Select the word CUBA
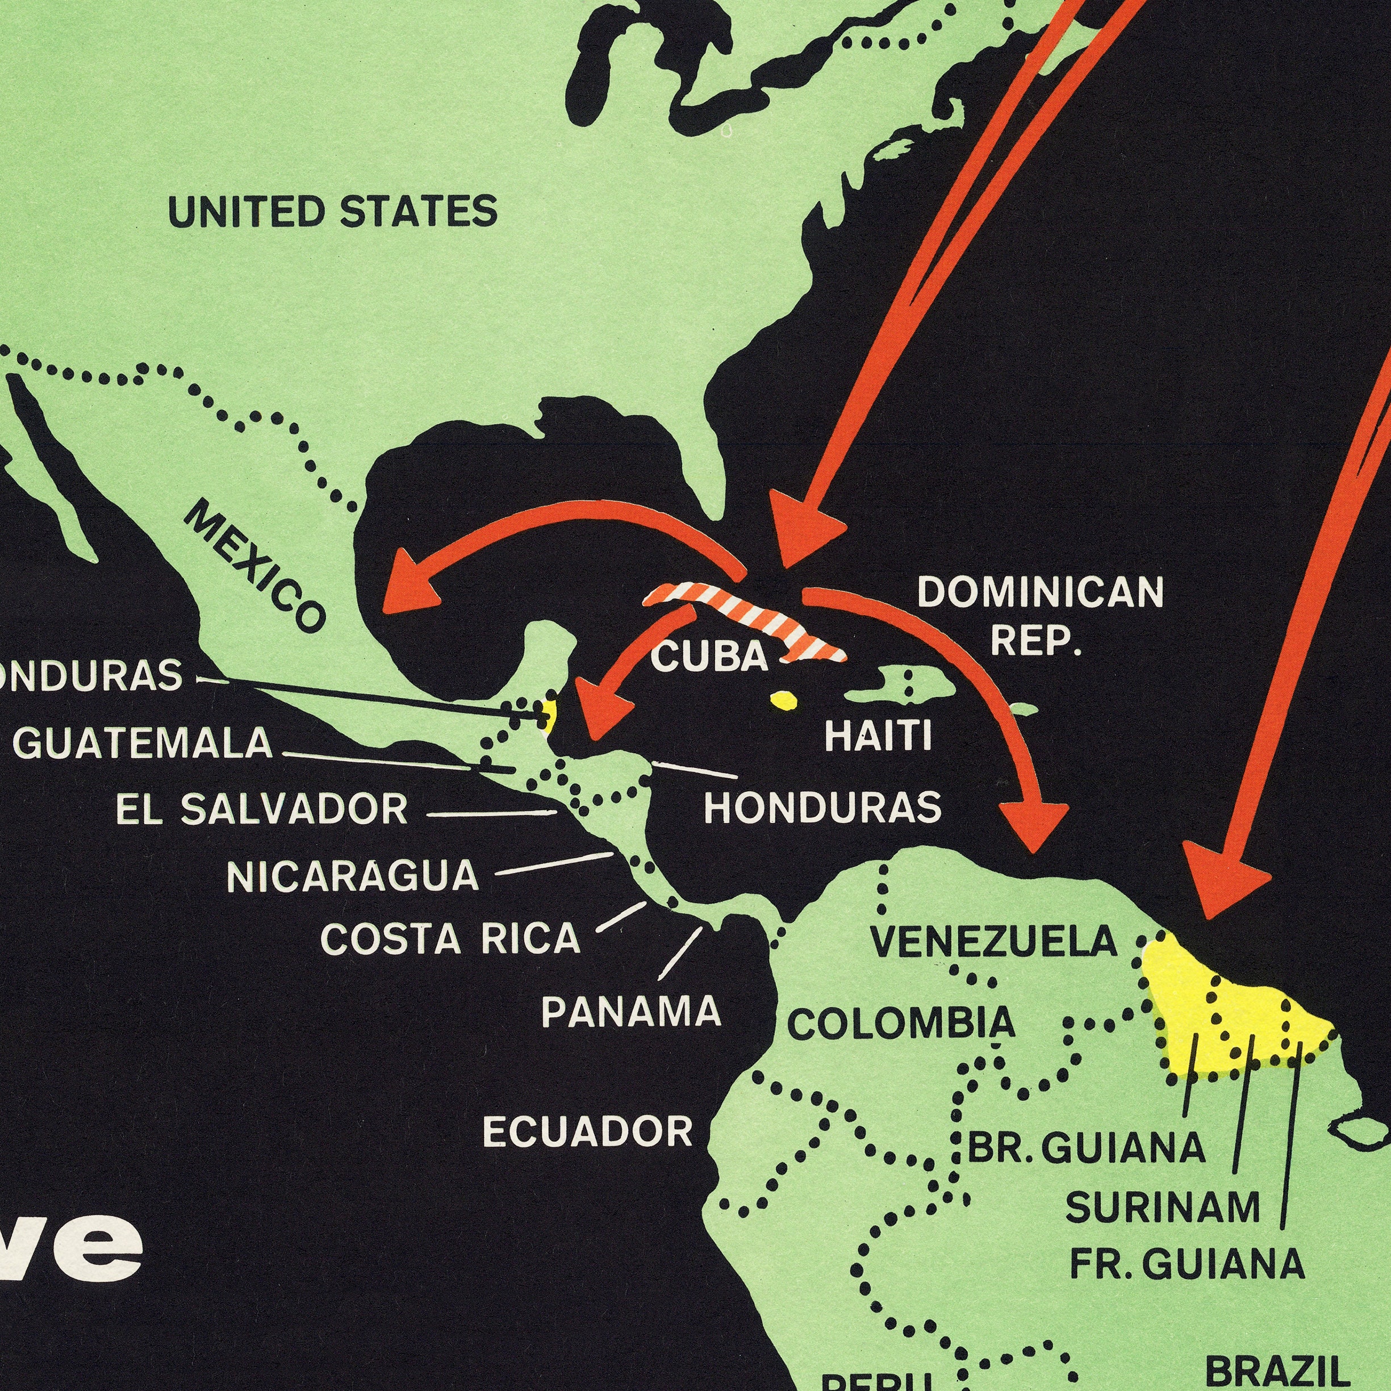click(x=709, y=657)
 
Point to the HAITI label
click(x=878, y=736)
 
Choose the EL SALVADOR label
click(x=262, y=809)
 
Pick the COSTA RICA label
click(x=450, y=939)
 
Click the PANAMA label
click(x=630, y=1012)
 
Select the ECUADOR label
click(x=587, y=1131)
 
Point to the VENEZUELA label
click(x=993, y=942)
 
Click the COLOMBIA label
click(x=901, y=1023)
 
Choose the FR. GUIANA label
click(x=1187, y=1264)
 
